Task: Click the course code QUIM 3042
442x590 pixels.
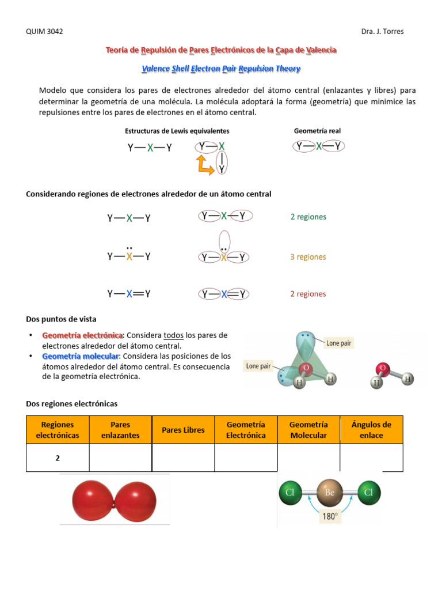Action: click(x=45, y=32)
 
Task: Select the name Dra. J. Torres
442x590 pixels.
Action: click(x=382, y=32)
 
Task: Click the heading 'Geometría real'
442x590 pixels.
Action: click(x=317, y=131)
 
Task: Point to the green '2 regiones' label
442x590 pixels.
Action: click(x=308, y=217)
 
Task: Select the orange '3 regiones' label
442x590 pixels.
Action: click(x=308, y=257)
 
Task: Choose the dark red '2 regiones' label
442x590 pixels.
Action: click(x=308, y=294)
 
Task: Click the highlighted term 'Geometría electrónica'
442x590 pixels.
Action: click(x=82, y=335)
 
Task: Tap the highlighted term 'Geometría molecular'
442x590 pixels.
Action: click(x=80, y=357)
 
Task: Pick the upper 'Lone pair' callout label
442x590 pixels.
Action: click(x=338, y=343)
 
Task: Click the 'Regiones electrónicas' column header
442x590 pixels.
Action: click(x=58, y=430)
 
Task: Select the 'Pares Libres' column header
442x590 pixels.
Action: click(x=183, y=430)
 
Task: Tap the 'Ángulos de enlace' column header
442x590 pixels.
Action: click(x=371, y=430)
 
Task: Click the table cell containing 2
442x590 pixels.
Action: click(x=58, y=458)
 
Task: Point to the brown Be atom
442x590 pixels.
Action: click(x=329, y=493)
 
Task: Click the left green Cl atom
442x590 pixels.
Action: click(x=291, y=493)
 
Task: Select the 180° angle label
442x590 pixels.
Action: click(x=330, y=517)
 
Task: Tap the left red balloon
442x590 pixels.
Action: click(x=93, y=499)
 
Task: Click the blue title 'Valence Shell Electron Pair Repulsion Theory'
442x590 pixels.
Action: click(x=221, y=69)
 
